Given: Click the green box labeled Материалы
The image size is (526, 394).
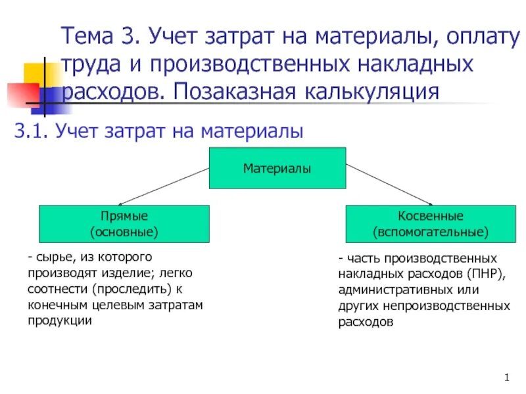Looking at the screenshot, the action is (277, 168).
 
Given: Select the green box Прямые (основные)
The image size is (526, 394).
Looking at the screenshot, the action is (124, 224).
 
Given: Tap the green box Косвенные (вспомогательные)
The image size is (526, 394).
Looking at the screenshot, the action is (431, 224).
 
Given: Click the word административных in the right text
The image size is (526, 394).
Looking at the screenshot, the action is (390, 290).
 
